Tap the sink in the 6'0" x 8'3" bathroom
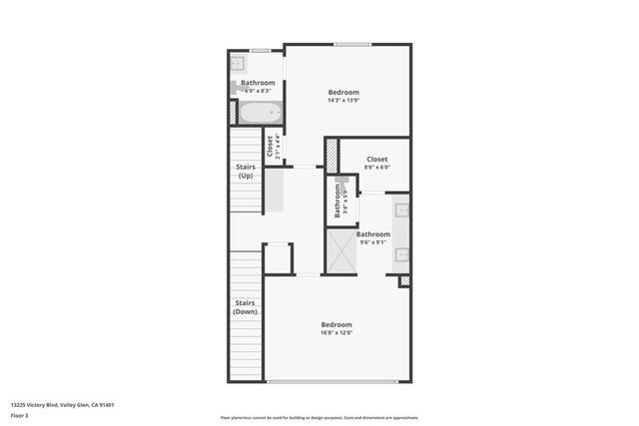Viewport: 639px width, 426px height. tap(239, 64)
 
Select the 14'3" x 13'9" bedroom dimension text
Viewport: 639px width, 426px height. tap(342, 101)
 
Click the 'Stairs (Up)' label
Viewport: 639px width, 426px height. tap(246, 172)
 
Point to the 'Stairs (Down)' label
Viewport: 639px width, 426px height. tap(246, 307)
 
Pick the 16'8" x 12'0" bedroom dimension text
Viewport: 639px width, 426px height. tap(336, 333)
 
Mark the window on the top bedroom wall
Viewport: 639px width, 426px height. tap(350, 44)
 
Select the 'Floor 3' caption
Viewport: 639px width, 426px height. tap(21, 415)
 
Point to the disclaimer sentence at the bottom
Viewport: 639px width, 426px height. tap(319, 418)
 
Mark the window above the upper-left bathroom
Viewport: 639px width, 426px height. tap(261, 50)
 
